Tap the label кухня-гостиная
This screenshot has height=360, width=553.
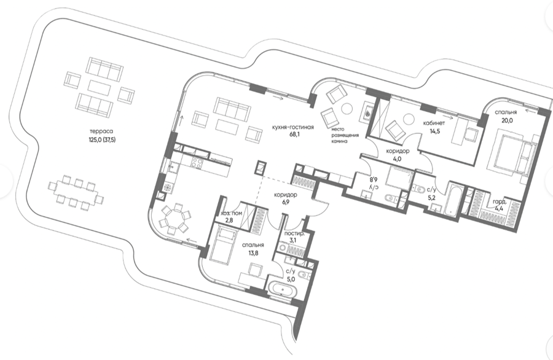coord(292,127)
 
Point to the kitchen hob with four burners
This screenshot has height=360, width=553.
coord(197,163)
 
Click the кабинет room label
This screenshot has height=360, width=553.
coord(434,123)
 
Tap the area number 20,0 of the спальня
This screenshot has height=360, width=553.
coord(506,120)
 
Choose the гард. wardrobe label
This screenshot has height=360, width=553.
coord(500,202)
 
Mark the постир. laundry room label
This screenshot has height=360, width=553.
coord(294,234)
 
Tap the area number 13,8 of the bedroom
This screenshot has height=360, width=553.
coord(253,252)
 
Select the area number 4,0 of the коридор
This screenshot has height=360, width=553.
coord(398,158)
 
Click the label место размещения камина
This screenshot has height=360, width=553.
coord(345,135)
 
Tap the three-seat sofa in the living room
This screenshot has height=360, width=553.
coord(230,109)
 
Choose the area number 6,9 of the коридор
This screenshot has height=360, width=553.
coord(286,202)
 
